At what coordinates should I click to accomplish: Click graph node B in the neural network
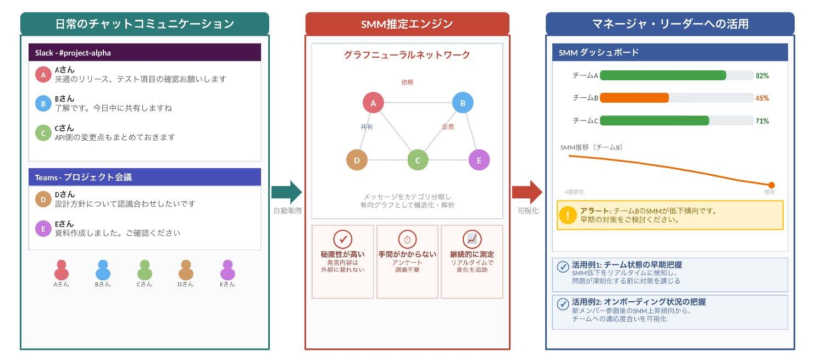coord(462,103)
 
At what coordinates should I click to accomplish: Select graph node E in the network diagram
coord(479,160)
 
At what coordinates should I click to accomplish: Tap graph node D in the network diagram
coord(357,160)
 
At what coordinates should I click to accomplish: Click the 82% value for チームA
coord(762,76)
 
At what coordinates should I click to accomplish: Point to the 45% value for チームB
coord(762,98)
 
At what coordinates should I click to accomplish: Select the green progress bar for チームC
coord(654,121)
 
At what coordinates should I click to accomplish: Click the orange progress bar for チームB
coord(634,98)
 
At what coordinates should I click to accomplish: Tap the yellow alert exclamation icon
coord(568,215)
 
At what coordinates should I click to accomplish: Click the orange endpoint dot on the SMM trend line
coord(772,185)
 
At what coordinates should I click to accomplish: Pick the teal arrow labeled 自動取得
coord(286,192)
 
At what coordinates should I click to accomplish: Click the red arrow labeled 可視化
coord(526,192)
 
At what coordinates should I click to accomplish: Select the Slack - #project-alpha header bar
coord(145,53)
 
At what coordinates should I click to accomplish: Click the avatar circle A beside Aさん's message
coord(43,75)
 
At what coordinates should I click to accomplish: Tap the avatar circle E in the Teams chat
coord(43,229)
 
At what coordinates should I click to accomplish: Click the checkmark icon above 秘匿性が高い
coord(343,240)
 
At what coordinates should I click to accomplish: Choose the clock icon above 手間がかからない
coord(407,240)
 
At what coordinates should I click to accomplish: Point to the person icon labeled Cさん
coord(145,270)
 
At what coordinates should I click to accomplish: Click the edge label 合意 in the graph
coord(448,127)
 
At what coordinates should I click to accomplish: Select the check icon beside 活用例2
coord(563,303)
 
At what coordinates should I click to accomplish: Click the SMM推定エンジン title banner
coord(407,24)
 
